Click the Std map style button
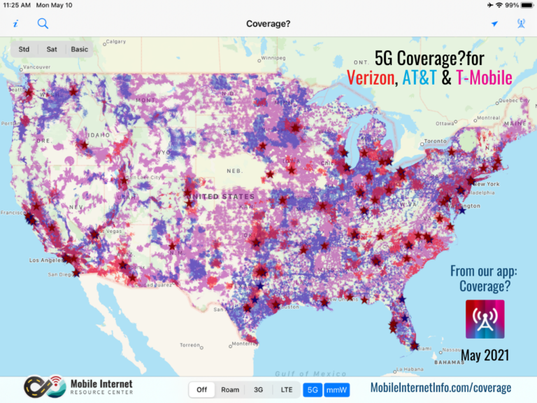click(x=24, y=49)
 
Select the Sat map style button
click(x=52, y=49)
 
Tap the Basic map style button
click(x=80, y=49)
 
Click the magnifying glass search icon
click(x=43, y=24)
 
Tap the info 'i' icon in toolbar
click(x=15, y=24)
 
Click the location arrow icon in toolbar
click(x=494, y=24)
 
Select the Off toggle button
click(x=201, y=390)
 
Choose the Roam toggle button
click(x=230, y=390)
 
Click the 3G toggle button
click(x=258, y=390)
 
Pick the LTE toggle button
click(x=287, y=390)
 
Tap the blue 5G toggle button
click(x=313, y=390)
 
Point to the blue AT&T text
click(x=419, y=78)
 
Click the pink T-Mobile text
click(x=484, y=78)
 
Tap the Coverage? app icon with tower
click(x=485, y=319)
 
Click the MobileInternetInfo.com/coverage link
click(x=440, y=388)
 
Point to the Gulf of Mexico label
click(x=301, y=374)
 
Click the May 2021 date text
click(x=485, y=355)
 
